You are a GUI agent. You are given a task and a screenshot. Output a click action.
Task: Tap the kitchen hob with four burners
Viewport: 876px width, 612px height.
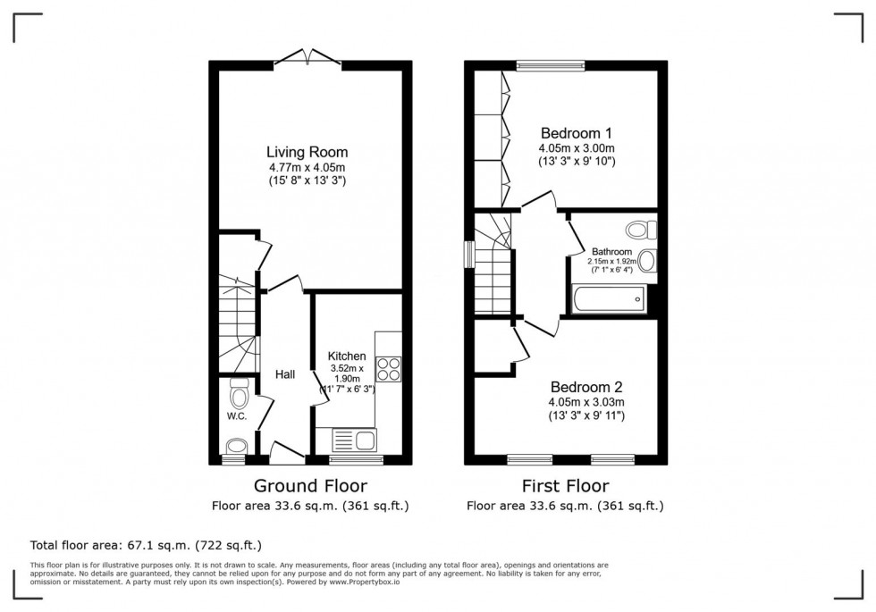click(389, 370)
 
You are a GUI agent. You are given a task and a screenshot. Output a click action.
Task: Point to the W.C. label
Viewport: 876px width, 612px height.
click(236, 416)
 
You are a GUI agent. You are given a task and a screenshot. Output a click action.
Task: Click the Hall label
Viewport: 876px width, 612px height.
click(285, 374)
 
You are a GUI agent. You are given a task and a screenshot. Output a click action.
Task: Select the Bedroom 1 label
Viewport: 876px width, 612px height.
click(576, 134)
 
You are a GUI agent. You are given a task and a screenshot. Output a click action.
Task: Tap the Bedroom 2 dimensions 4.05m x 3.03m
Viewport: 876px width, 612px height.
click(586, 402)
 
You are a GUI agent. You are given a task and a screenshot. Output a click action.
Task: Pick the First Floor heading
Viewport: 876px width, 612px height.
click(565, 487)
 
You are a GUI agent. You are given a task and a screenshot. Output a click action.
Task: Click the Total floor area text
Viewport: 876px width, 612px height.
click(146, 544)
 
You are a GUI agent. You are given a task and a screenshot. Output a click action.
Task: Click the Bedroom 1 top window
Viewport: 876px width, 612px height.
click(550, 63)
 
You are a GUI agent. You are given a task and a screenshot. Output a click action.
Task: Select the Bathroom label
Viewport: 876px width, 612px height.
click(611, 252)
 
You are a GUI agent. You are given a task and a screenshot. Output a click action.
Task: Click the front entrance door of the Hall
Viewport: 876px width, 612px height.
click(287, 457)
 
